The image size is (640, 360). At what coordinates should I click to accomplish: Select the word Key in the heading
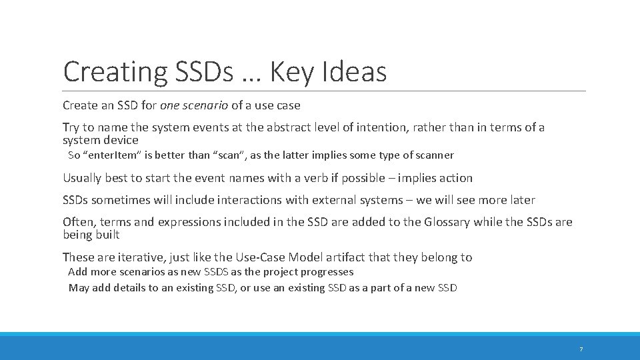coord(295,71)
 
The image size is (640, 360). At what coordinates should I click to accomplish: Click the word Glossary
coord(447,222)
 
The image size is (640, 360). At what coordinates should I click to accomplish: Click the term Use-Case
coord(255,257)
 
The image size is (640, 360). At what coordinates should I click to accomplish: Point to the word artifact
coord(343,257)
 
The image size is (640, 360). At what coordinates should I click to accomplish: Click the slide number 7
coord(581,349)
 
